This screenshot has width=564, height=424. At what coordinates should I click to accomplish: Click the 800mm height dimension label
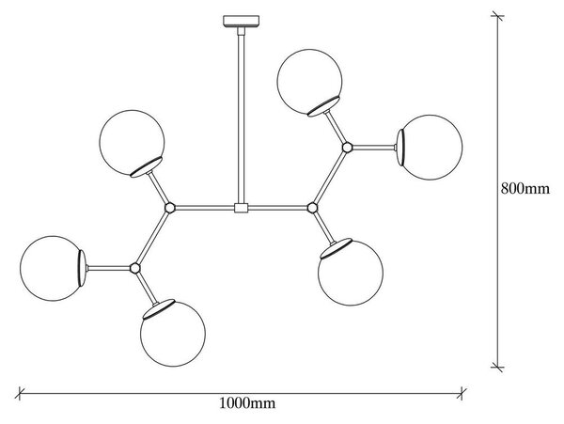click(x=525, y=188)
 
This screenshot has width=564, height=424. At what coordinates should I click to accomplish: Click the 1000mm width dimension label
click(x=247, y=403)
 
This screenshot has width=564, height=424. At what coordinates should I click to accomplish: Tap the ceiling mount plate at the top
click(x=241, y=22)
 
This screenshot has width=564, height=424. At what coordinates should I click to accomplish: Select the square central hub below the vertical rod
click(x=241, y=208)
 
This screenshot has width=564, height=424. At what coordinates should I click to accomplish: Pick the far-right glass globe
click(x=431, y=148)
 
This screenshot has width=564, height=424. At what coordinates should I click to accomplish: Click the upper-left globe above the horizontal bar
click(x=132, y=142)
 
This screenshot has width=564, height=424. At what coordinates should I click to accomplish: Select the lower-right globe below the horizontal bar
click(x=351, y=273)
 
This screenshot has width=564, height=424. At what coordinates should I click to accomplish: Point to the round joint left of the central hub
click(x=170, y=208)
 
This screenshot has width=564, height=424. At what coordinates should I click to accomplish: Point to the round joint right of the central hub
click(x=312, y=208)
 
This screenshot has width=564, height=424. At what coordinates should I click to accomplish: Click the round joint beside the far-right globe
click(x=347, y=148)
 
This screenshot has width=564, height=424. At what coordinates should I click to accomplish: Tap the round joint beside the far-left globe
click(x=134, y=268)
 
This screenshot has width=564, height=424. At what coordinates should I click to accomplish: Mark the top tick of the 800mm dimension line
click(x=497, y=16)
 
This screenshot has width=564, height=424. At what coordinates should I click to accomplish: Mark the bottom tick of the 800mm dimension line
click(x=497, y=368)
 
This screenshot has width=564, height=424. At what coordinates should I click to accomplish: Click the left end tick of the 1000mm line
click(x=20, y=393)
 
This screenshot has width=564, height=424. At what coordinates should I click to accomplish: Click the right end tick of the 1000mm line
click(x=462, y=393)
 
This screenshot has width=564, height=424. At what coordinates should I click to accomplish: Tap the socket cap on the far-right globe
click(x=400, y=148)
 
